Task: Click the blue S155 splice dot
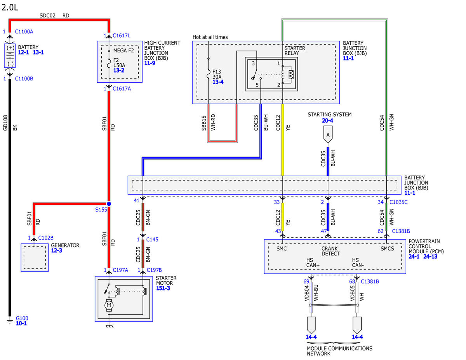click(109, 204)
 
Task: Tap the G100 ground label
click(22, 318)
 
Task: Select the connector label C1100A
click(24, 32)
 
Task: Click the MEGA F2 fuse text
click(123, 50)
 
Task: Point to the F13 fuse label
click(217, 71)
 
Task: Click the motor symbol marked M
click(109, 305)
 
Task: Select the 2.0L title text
click(10, 7)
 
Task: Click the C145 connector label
click(152, 240)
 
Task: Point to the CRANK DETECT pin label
click(330, 251)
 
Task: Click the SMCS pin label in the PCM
click(387, 249)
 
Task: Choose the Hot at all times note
click(210, 37)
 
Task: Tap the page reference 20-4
click(327, 120)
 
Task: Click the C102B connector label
click(46, 238)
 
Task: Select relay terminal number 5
click(257, 85)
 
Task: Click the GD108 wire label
click(5, 123)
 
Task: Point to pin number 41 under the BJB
click(136, 200)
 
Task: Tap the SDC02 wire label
click(47, 16)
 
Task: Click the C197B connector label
click(154, 270)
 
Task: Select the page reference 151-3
click(163, 288)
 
